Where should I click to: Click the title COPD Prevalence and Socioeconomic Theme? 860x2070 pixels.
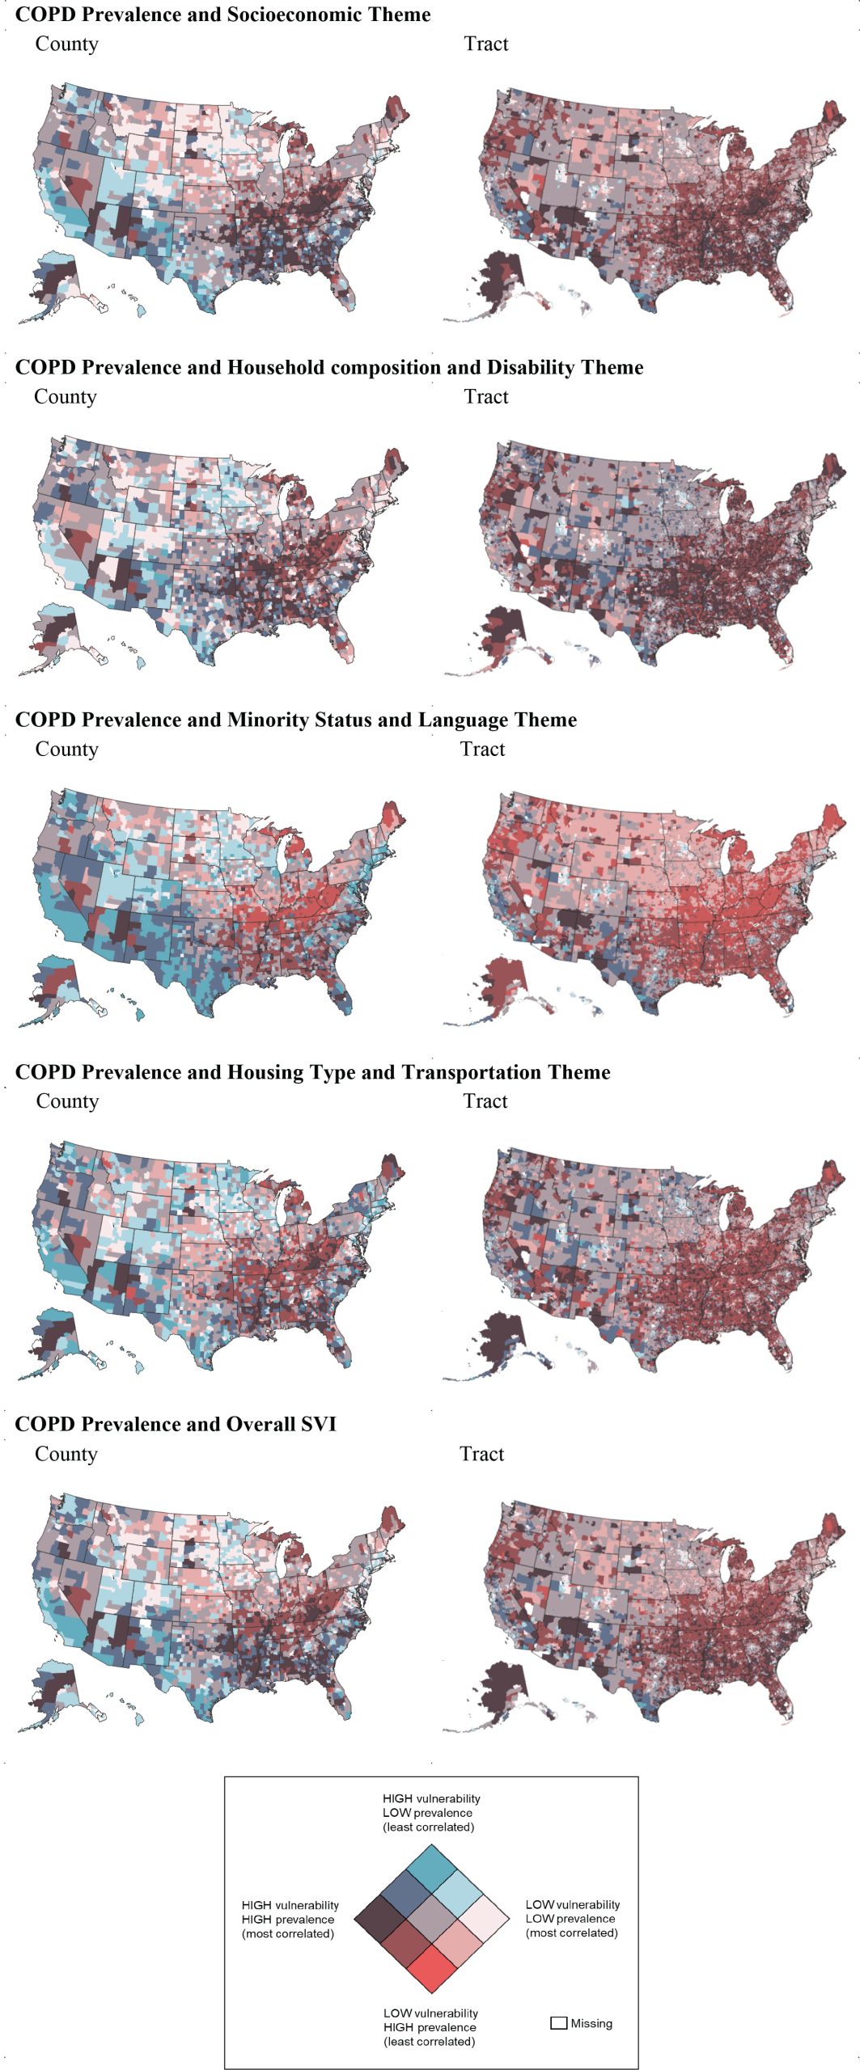(222, 15)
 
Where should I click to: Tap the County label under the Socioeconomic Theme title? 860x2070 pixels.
(66, 44)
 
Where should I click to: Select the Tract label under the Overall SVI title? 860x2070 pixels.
(481, 1453)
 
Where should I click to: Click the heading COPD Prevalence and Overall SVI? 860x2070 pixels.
(176, 1423)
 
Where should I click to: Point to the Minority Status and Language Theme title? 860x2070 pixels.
(296, 720)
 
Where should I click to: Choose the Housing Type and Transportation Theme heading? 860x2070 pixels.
(312, 1071)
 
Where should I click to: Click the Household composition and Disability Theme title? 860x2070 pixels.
(329, 367)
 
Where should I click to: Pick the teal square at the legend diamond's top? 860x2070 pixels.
(431, 1869)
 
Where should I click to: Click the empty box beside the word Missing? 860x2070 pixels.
(558, 2023)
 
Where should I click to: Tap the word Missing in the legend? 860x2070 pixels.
(591, 2023)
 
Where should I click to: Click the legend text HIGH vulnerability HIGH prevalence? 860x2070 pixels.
(290, 1919)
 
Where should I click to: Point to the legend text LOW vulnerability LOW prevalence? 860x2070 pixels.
(572, 1918)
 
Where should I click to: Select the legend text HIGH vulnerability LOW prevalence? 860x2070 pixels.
(430, 1812)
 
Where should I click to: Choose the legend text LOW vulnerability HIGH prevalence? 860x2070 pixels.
(430, 2026)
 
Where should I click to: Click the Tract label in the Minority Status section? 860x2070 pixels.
(482, 749)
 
